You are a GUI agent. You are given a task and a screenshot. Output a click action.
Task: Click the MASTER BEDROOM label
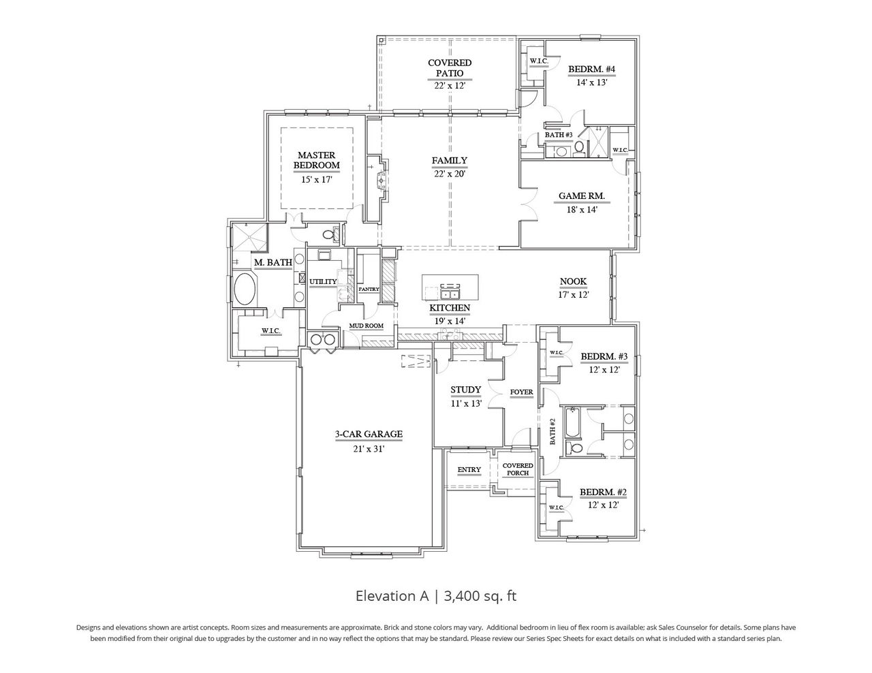(316, 160)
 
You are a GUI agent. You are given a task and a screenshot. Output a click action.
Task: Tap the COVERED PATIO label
(449, 67)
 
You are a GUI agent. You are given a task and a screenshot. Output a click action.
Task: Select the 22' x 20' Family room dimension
(449, 174)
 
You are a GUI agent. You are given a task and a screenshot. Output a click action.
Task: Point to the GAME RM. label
(581, 195)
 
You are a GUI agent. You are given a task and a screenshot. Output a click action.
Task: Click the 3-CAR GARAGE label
(368, 434)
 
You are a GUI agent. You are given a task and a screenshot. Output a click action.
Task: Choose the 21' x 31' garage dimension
(368, 448)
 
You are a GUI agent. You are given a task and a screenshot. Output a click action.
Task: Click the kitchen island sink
(450, 294)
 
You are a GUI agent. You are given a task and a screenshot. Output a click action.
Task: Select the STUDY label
(466, 390)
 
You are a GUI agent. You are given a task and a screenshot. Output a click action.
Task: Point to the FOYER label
(522, 392)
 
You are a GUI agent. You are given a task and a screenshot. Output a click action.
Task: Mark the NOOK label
(573, 281)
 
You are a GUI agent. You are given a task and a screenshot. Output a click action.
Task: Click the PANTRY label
(369, 289)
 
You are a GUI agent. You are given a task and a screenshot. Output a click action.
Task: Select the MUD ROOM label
(367, 326)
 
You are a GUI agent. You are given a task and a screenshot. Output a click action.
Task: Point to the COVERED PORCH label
(518, 469)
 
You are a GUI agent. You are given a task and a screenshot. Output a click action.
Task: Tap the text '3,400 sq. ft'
(480, 596)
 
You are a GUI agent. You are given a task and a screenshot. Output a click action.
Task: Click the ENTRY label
(469, 469)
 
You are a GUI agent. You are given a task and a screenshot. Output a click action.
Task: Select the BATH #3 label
(559, 135)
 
